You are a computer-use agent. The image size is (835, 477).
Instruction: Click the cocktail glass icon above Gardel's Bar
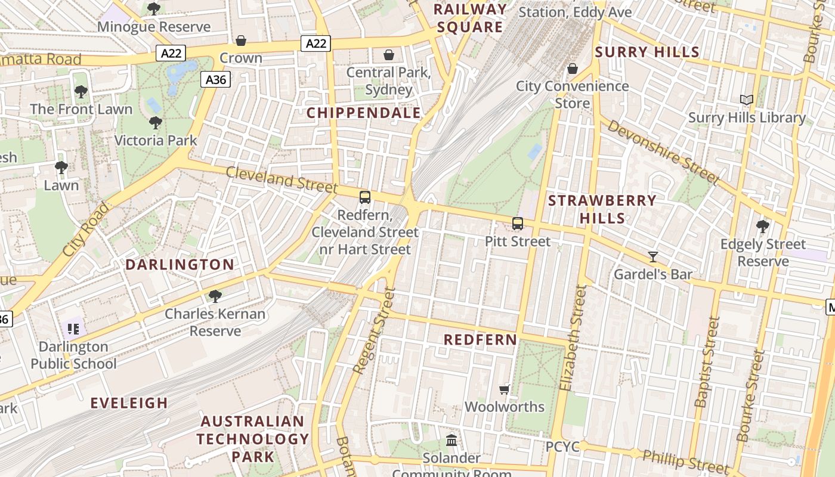[653, 257]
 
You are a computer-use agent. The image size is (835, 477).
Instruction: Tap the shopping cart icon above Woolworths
[505, 389]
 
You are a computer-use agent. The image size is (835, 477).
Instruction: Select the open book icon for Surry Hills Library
[746, 100]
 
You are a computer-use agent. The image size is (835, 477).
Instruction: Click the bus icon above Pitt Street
[517, 224]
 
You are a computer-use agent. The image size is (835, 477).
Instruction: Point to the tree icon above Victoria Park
[155, 123]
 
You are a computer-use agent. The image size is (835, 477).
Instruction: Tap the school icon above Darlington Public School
[73, 329]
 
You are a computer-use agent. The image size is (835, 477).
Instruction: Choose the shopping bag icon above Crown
[241, 41]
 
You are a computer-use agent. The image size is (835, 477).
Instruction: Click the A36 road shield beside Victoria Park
[215, 79]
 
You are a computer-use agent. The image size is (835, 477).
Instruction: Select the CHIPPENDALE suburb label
[363, 113]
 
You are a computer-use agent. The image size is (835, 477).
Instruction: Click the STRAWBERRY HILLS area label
[602, 209]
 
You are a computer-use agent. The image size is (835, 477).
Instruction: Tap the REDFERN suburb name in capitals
[481, 340]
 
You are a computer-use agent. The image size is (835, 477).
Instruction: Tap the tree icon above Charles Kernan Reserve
[215, 296]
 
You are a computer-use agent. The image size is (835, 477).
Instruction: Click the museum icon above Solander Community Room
[451, 441]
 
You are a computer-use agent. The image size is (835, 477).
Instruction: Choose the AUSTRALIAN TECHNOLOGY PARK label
[253, 439]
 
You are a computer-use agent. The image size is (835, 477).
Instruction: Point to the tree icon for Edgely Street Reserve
[762, 226]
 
